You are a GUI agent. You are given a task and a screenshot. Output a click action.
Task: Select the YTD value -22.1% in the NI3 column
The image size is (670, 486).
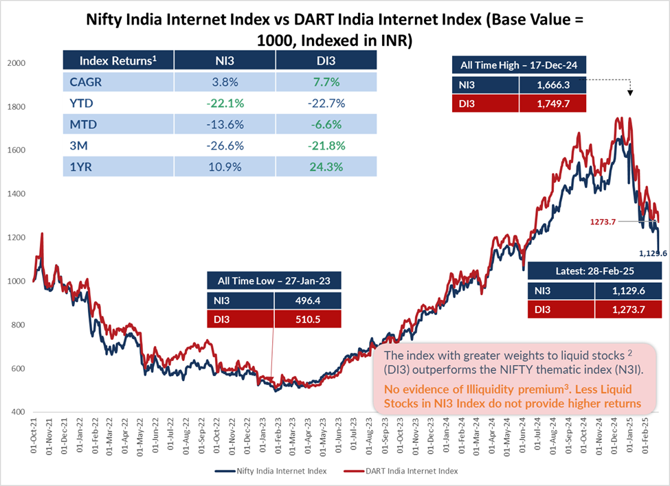(225, 104)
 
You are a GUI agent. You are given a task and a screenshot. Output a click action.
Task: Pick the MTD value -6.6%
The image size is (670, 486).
(327, 125)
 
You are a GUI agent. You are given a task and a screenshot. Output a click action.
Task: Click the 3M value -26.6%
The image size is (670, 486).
(225, 146)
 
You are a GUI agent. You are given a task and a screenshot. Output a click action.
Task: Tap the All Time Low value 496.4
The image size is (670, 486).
(307, 299)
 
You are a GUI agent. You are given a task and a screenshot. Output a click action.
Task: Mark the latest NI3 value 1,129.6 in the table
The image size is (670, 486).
(627, 291)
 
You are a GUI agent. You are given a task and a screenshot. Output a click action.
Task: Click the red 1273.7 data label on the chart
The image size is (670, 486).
(605, 222)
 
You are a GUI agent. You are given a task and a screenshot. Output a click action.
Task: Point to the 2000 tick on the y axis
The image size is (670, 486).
(15, 63)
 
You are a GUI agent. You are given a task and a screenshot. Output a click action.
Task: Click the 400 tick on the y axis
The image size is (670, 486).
(17, 412)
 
